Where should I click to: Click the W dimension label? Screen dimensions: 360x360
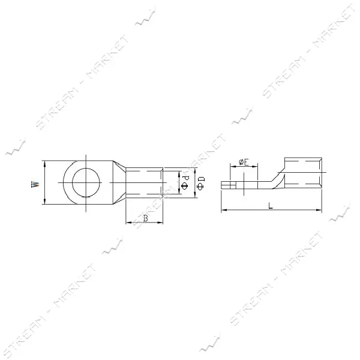(35, 184)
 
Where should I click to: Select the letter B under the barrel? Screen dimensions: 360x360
(146, 218)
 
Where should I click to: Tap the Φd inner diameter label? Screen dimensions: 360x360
(185, 183)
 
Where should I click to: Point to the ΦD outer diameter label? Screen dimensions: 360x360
(200, 183)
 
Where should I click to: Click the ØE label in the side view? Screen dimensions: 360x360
(244, 163)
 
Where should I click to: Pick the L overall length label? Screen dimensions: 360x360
(271, 205)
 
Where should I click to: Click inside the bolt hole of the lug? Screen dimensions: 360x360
(86, 182)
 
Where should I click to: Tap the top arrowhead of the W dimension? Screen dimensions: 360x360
(45, 163)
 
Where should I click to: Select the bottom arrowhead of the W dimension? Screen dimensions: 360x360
(45, 202)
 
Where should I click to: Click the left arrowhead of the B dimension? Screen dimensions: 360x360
(129, 222)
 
